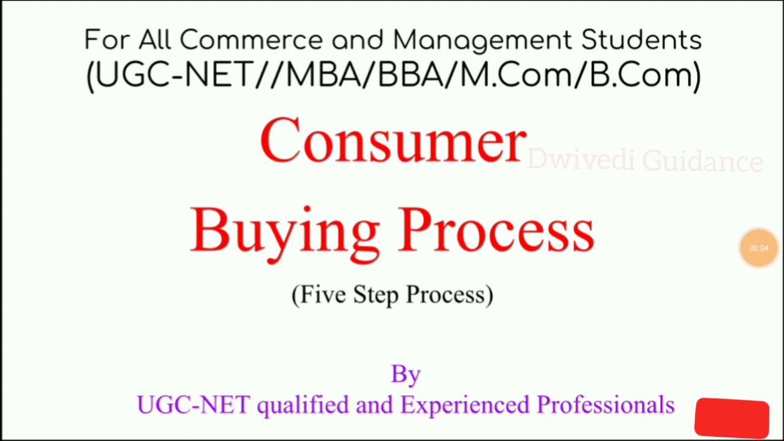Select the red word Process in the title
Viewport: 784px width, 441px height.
496,229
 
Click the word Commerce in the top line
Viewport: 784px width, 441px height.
251,40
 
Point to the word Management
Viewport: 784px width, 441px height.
481,40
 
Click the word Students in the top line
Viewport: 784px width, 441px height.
641,40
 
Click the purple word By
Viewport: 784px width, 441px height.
405,374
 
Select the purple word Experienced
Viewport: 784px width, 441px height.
466,405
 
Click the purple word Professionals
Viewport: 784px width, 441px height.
605,405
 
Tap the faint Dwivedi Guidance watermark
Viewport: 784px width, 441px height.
644,161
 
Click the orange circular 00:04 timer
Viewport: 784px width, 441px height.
758,248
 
